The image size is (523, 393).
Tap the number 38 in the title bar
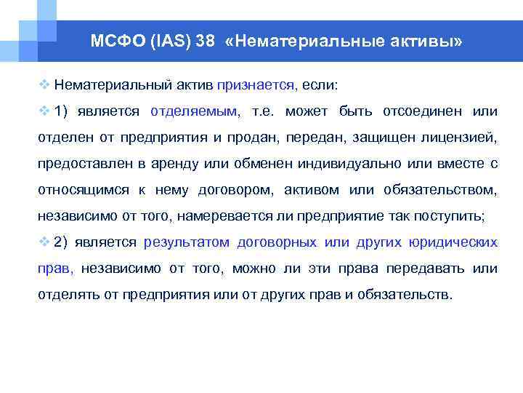point(205,41)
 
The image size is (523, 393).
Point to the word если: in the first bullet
point(320,85)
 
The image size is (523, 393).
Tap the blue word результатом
point(187,242)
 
